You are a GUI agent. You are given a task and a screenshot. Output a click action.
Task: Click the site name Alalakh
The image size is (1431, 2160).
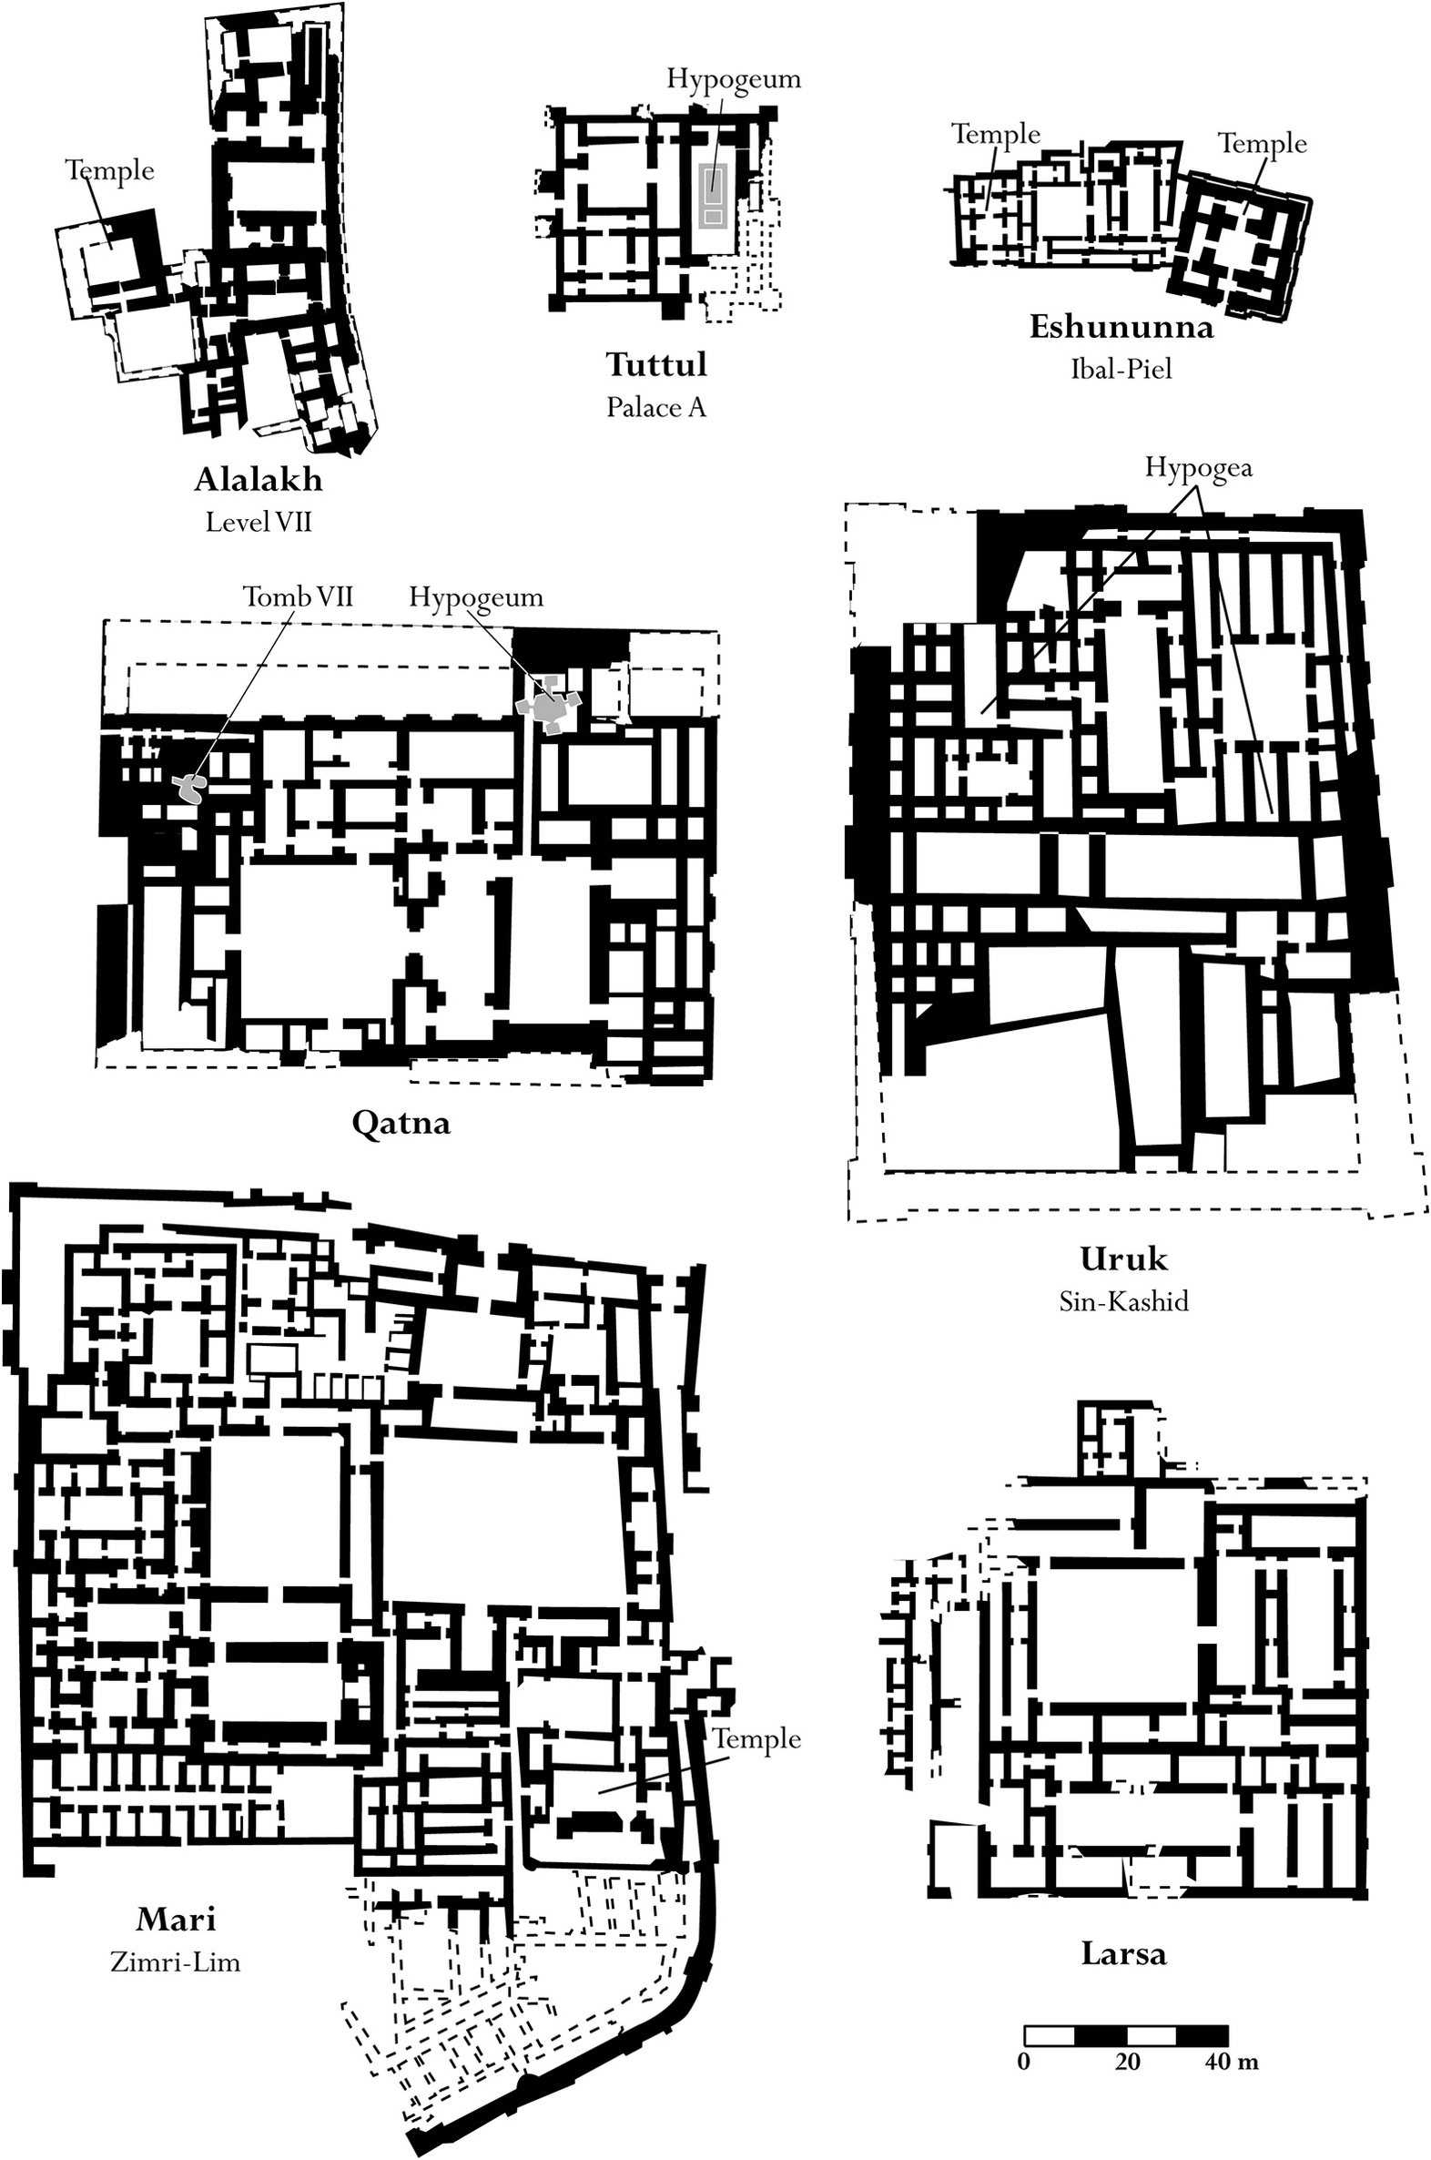(x=259, y=480)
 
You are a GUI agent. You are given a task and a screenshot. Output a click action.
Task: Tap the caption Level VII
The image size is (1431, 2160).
(x=259, y=522)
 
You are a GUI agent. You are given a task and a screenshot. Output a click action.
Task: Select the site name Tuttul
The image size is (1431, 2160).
(x=656, y=365)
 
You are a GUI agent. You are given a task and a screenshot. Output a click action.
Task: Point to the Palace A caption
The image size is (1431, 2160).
(x=656, y=407)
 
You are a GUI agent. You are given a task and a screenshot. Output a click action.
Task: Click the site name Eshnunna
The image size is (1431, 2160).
(x=1121, y=328)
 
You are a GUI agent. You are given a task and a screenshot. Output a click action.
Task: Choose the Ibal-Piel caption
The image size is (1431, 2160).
(x=1121, y=370)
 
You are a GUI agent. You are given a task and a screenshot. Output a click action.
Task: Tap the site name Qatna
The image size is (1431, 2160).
(x=401, y=1122)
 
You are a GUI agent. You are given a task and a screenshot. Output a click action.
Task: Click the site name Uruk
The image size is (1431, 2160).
(x=1123, y=1259)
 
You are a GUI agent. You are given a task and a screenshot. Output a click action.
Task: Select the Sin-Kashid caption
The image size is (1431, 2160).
(x=1123, y=1301)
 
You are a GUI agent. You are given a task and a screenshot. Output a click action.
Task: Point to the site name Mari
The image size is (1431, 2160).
(x=175, y=1920)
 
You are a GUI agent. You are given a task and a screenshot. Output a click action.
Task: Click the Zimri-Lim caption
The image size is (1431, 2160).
(x=175, y=1961)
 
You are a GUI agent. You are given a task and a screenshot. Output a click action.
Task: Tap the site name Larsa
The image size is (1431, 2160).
(x=1123, y=1954)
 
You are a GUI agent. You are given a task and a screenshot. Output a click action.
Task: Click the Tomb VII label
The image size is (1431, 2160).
(x=298, y=597)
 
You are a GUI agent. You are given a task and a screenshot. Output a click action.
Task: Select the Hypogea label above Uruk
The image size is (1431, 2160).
(x=1198, y=468)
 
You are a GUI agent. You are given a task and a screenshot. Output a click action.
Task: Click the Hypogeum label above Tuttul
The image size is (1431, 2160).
(x=734, y=79)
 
